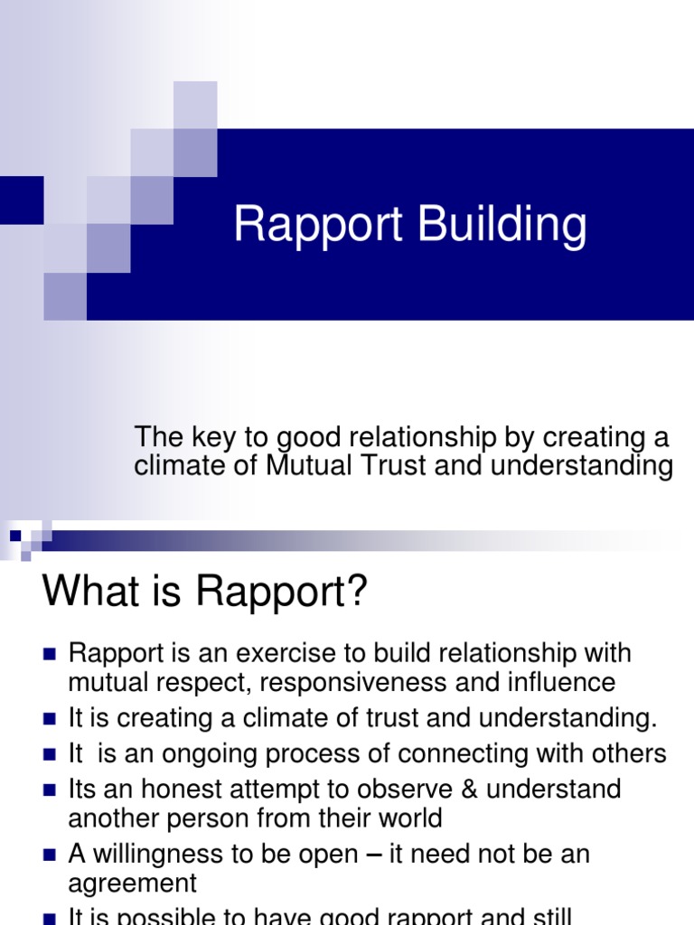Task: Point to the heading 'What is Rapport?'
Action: [206, 593]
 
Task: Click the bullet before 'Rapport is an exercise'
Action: [50, 653]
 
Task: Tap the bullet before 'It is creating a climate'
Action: [50, 719]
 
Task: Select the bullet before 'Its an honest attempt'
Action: [50, 790]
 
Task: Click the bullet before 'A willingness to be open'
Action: [50, 855]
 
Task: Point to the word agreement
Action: [132, 883]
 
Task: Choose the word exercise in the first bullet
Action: [284, 653]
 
